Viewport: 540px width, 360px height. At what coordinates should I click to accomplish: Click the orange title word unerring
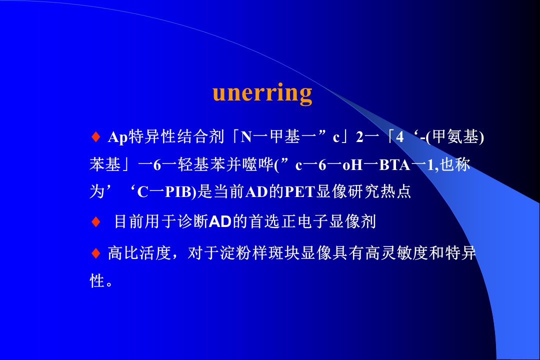(262, 93)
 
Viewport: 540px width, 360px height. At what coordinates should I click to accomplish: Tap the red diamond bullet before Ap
(95, 137)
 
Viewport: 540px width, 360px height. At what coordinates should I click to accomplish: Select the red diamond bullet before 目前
(95, 221)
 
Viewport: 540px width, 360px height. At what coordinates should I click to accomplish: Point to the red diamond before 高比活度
(95, 253)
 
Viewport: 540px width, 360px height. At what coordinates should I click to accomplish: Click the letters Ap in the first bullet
(118, 137)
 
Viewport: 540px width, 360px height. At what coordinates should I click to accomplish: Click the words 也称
(455, 164)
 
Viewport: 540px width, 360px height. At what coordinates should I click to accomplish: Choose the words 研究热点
(379, 191)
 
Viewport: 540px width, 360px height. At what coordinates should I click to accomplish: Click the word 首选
(265, 221)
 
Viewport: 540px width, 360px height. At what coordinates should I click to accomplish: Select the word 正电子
(304, 221)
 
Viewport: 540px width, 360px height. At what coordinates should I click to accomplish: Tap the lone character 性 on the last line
(97, 281)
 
